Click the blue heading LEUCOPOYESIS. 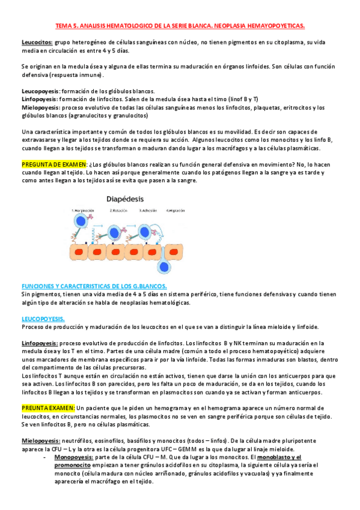[x=43, y=319]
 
